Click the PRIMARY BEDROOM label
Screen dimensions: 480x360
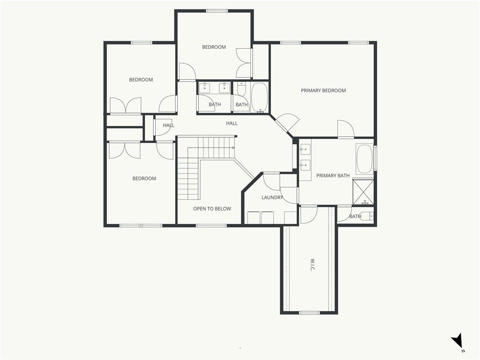[323, 90]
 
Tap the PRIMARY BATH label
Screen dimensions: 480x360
[333, 176]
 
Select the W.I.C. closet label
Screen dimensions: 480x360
[313, 265]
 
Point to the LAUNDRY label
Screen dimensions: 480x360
[272, 197]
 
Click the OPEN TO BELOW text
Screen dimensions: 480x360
[212, 209]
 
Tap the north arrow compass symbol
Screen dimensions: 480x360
[457, 341]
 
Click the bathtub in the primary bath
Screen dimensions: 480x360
[364, 159]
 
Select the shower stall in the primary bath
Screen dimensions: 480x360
[363, 192]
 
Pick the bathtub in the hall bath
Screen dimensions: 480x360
[259, 97]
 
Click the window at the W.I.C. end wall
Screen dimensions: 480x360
[309, 313]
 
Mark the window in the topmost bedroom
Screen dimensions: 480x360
[217, 11]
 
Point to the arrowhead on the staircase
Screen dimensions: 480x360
[233, 148]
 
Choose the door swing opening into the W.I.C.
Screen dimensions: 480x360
[308, 216]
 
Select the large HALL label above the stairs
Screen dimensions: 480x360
[232, 123]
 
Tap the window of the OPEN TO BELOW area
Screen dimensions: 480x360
[211, 225]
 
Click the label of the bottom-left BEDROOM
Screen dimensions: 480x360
[144, 179]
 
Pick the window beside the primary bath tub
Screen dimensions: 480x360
[375, 158]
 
